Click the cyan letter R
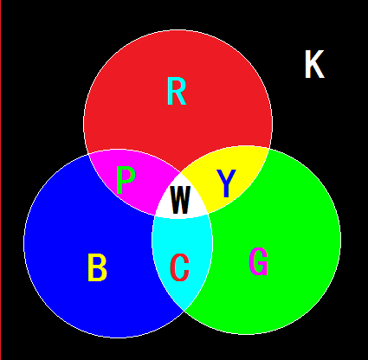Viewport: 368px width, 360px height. pyautogui.click(x=177, y=91)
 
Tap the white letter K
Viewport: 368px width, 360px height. pyautogui.click(x=314, y=64)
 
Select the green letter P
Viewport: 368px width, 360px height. pyautogui.click(x=126, y=181)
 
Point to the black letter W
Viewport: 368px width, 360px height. pyautogui.click(x=180, y=199)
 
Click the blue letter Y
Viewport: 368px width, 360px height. pyautogui.click(x=226, y=183)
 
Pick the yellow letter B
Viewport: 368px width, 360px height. pyautogui.click(x=97, y=267)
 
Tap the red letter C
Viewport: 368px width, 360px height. pyautogui.click(x=180, y=267)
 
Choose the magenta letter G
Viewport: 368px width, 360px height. pyautogui.click(x=258, y=261)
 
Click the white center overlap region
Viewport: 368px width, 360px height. pyautogui.click(x=181, y=196)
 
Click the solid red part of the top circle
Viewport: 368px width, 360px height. pyautogui.click(x=178, y=121)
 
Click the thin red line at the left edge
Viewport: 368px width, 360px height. pyautogui.click(x=1, y=180)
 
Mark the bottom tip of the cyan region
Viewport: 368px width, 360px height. pyautogui.click(x=184, y=312)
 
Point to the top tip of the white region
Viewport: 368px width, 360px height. pyautogui.click(x=181, y=172)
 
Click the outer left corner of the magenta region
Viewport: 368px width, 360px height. pyautogui.click(x=88, y=154)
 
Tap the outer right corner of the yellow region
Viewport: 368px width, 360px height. pyautogui.click(x=269, y=149)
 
